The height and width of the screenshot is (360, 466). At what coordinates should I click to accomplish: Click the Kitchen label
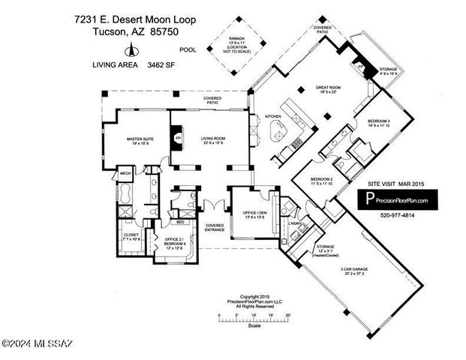[272, 116]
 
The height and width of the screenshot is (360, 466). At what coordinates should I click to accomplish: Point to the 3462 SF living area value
[159, 65]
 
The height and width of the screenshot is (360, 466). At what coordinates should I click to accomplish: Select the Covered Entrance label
[215, 227]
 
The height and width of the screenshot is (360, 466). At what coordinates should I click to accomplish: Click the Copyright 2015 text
[254, 295]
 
